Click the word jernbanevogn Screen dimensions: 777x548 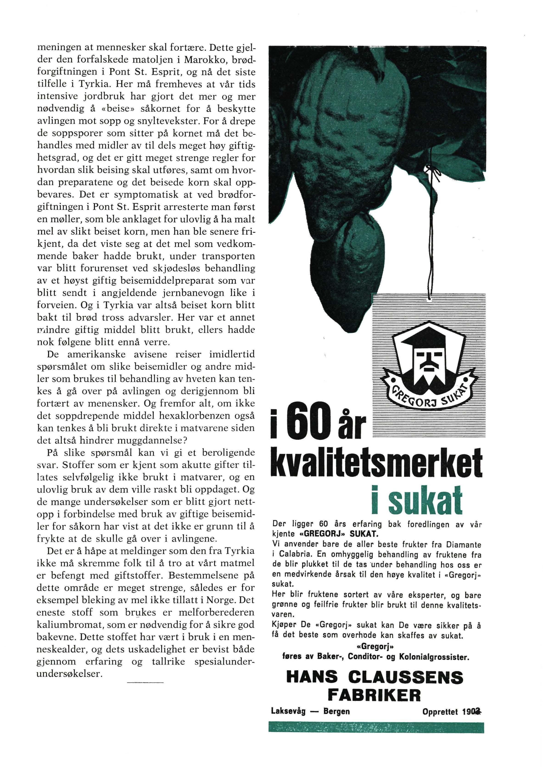click(199, 292)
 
